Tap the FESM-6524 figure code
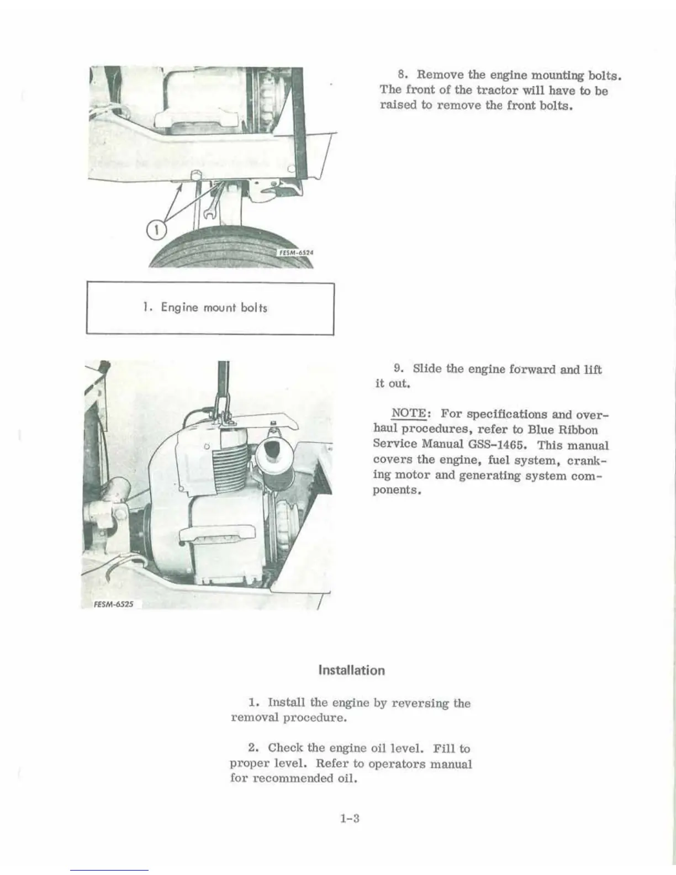pyautogui.click(x=294, y=252)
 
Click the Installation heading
pyautogui.click(x=352, y=671)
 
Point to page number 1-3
pyautogui.click(x=350, y=819)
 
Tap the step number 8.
pyautogui.click(x=403, y=75)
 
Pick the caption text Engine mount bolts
pyautogui.click(x=214, y=308)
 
